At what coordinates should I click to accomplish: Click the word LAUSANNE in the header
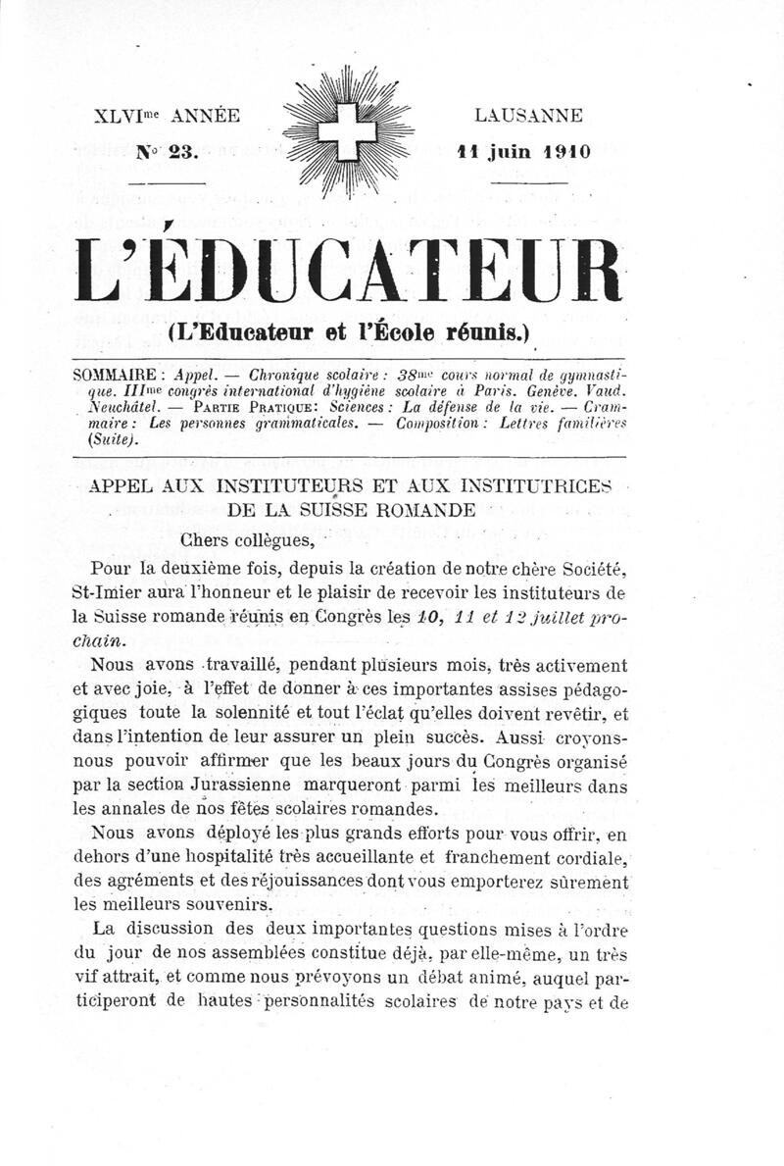point(528,116)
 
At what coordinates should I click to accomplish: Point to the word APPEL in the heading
point(123,485)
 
